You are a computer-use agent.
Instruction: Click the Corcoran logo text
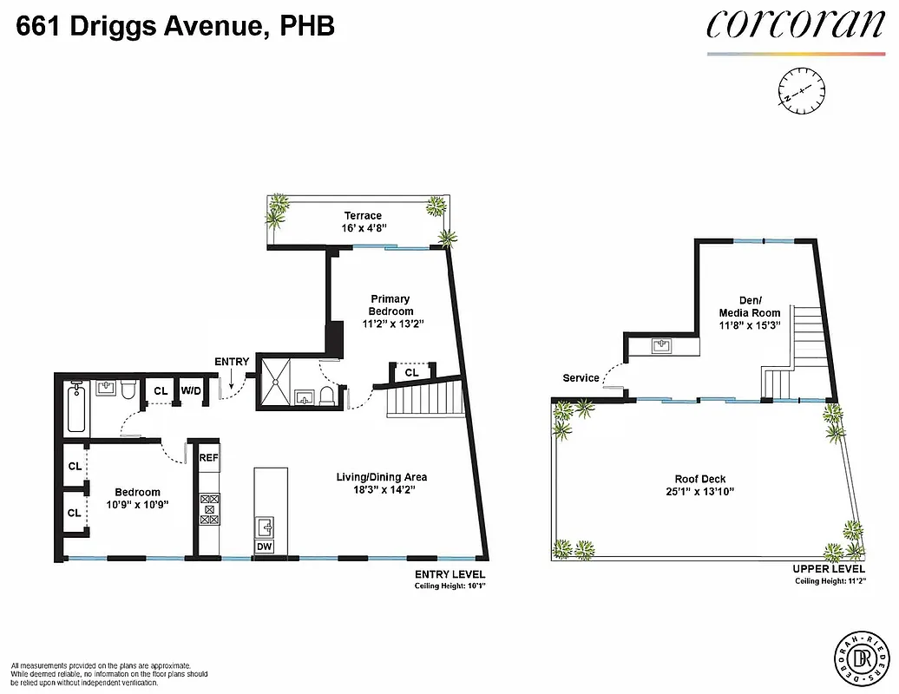794,24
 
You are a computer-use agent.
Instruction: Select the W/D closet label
191,391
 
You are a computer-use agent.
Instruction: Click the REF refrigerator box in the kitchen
209,457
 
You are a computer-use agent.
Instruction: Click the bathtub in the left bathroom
76,408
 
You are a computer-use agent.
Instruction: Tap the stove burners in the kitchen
209,508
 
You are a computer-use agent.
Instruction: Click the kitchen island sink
266,526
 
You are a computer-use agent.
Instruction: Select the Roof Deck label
700,479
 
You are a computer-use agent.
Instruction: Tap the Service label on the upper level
581,378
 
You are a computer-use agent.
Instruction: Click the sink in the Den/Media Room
664,346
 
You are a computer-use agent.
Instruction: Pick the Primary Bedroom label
390,305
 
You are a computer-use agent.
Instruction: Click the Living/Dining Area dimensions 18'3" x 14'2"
382,490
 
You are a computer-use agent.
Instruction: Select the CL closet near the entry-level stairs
411,372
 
